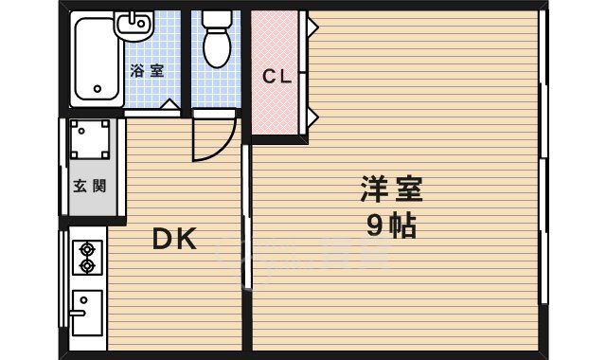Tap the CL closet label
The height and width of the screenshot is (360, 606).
pos(276,75)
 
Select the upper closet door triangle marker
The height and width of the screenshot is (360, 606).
pos(310,27)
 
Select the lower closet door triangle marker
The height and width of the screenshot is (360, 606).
pos(310,117)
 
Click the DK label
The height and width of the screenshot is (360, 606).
pos(175,240)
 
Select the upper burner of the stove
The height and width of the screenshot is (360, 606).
pos(87,249)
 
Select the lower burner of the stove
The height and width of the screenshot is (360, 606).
pos(87,267)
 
